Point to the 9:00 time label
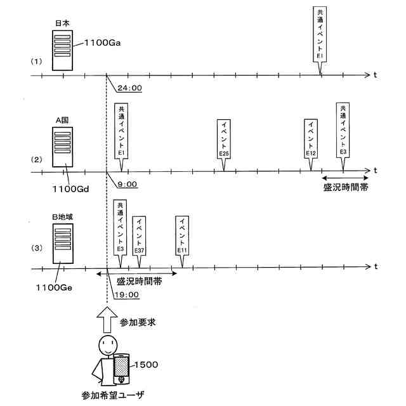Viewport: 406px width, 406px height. click(127, 184)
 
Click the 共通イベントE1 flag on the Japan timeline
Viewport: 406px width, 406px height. click(322, 34)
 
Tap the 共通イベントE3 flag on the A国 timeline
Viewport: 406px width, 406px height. click(343, 130)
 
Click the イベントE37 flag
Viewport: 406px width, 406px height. click(140, 235)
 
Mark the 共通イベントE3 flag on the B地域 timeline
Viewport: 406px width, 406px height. click(120, 228)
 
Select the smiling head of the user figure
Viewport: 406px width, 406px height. click(106, 347)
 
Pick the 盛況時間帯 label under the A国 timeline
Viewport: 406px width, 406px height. click(346, 188)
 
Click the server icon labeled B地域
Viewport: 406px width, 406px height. click(62, 244)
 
